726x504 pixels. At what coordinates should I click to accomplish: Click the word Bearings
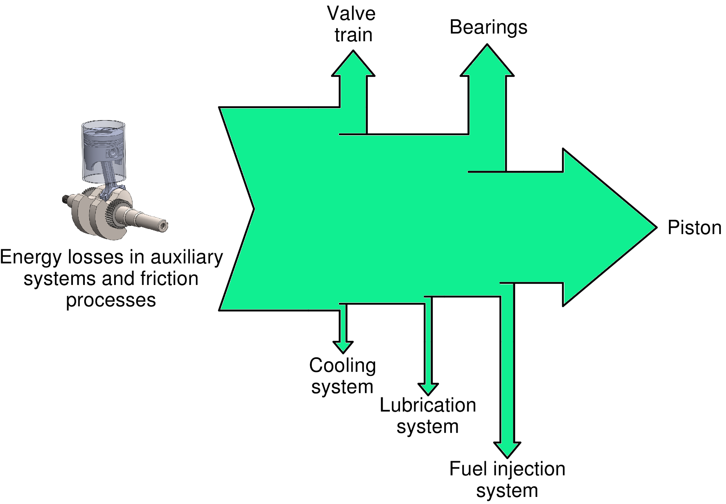click(488, 27)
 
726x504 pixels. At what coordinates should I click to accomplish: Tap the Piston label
click(694, 227)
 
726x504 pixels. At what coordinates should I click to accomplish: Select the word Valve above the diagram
click(351, 14)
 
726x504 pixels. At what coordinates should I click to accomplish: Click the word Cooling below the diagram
click(342, 366)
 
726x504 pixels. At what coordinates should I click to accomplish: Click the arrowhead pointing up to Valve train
click(353, 65)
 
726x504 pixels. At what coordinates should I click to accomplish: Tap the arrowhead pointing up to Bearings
click(487, 62)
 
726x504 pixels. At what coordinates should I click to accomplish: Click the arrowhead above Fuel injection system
click(507, 449)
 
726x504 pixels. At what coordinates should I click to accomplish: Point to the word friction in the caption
click(169, 279)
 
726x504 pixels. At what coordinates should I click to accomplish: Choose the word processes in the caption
click(111, 300)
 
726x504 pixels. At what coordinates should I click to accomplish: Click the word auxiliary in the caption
click(187, 257)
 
